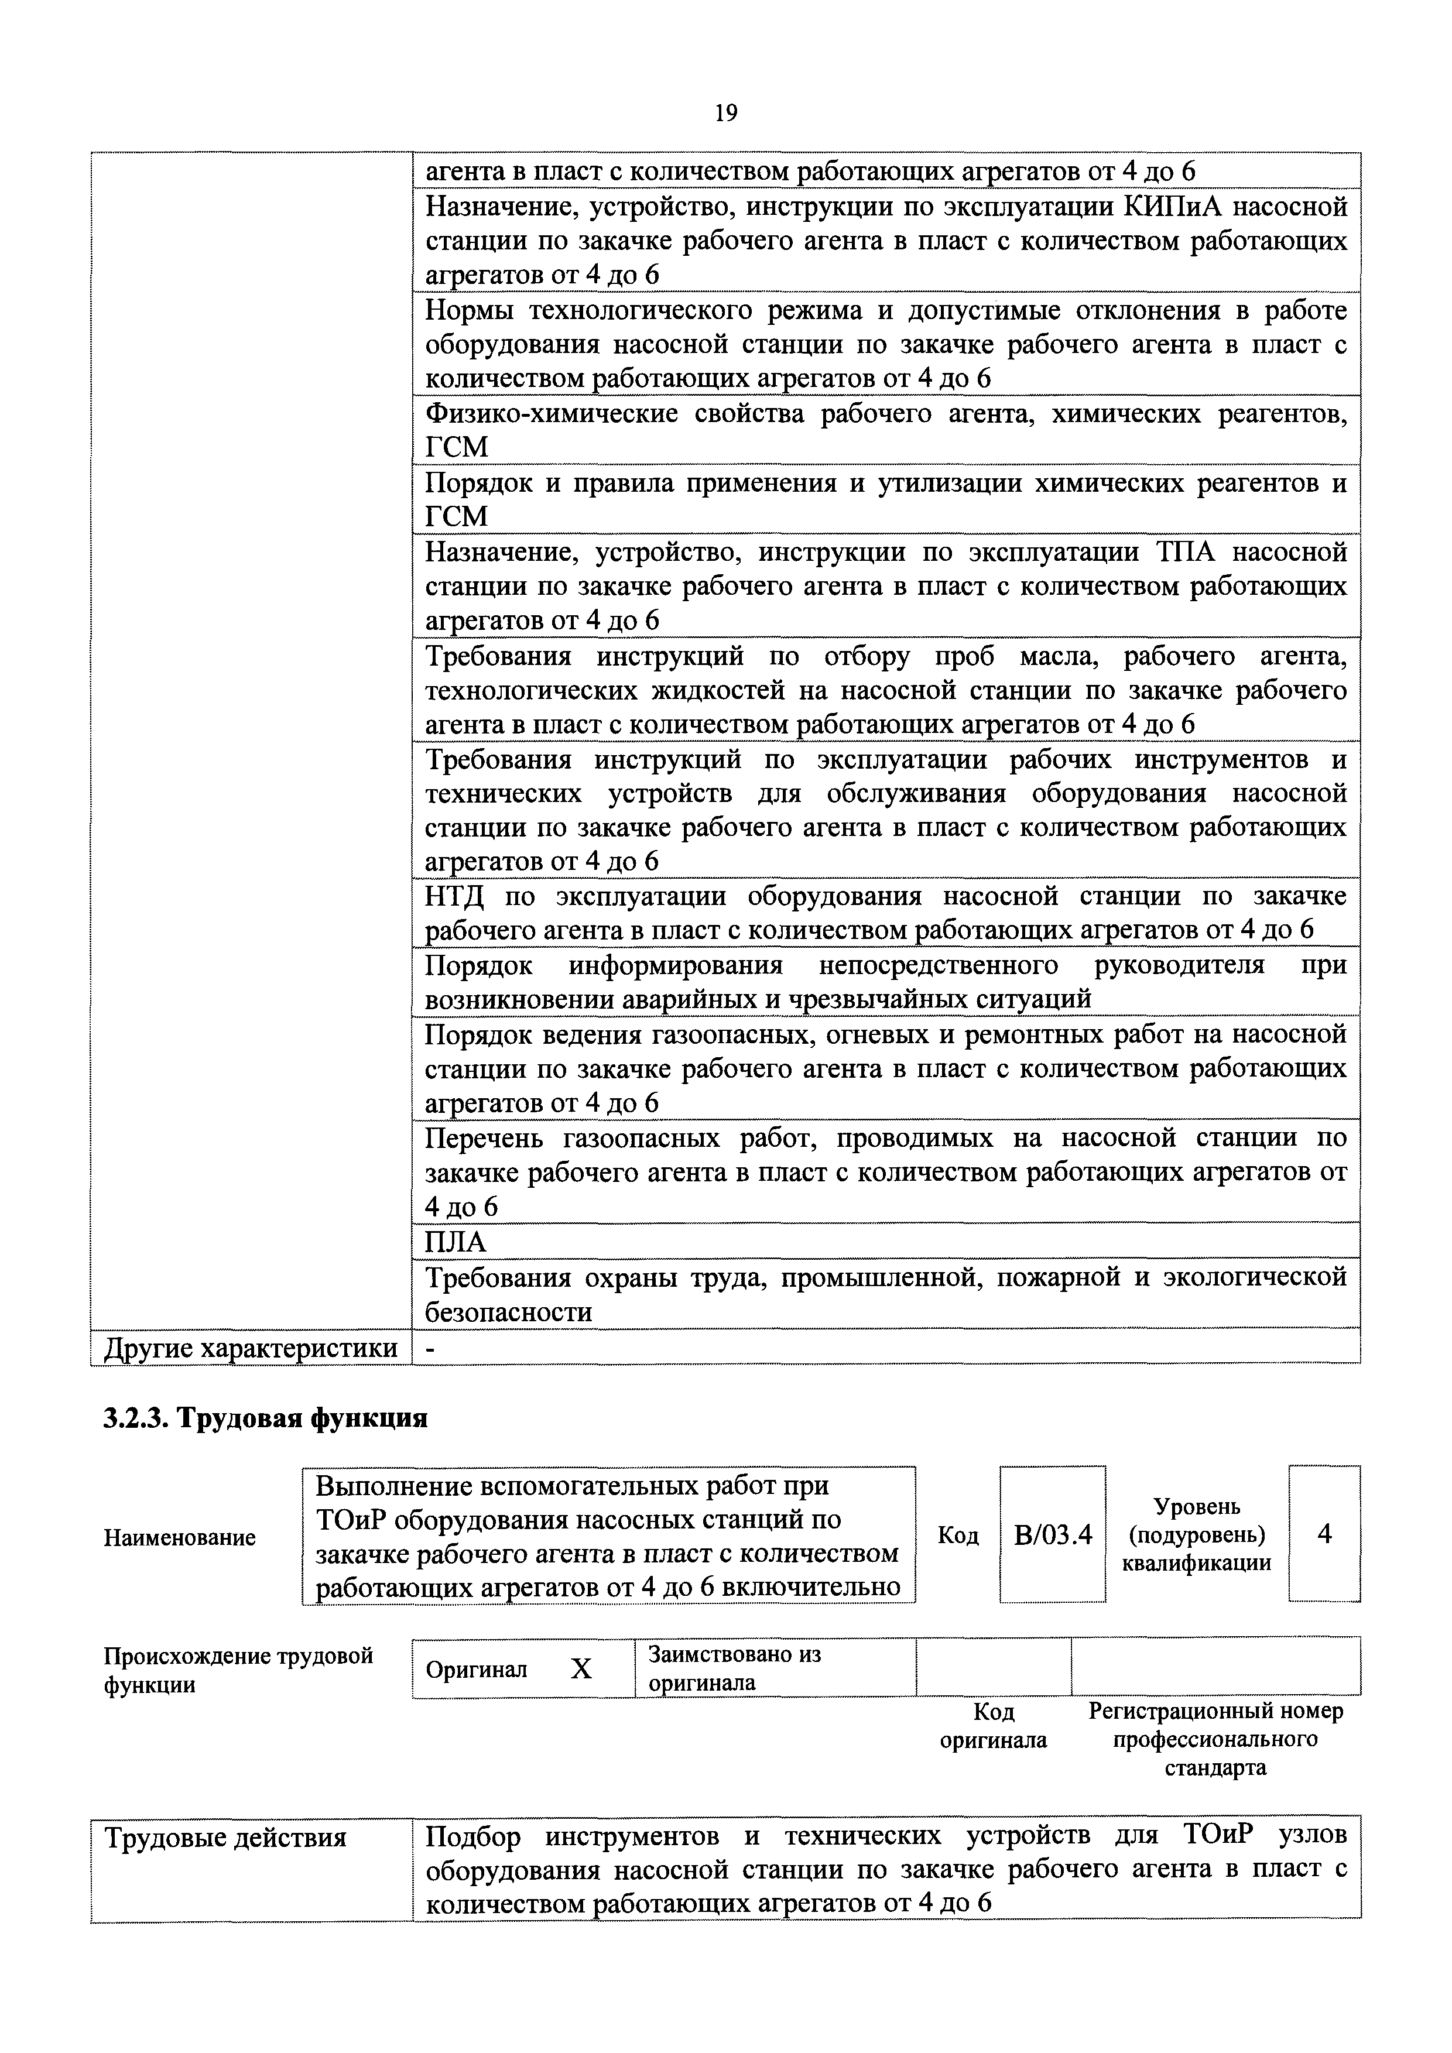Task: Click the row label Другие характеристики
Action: tap(251, 1348)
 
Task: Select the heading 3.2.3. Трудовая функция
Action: tap(266, 1419)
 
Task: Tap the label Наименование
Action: tap(180, 1538)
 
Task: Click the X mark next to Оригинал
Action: tap(581, 1668)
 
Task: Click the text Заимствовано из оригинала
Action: tap(734, 1668)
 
